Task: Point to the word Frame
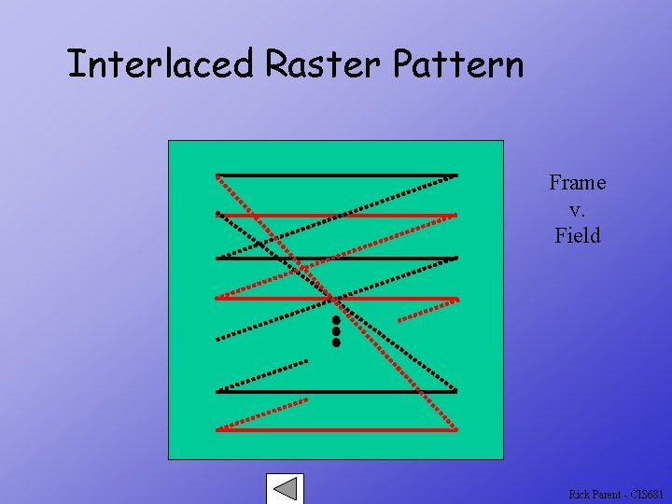pos(577,183)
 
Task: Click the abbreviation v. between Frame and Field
pos(577,210)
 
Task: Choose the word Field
pos(577,236)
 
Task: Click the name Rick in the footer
pos(579,494)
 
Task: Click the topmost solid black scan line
pos(373,175)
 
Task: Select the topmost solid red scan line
pos(392,216)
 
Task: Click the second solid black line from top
pos(392,258)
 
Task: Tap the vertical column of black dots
pos(335,331)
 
